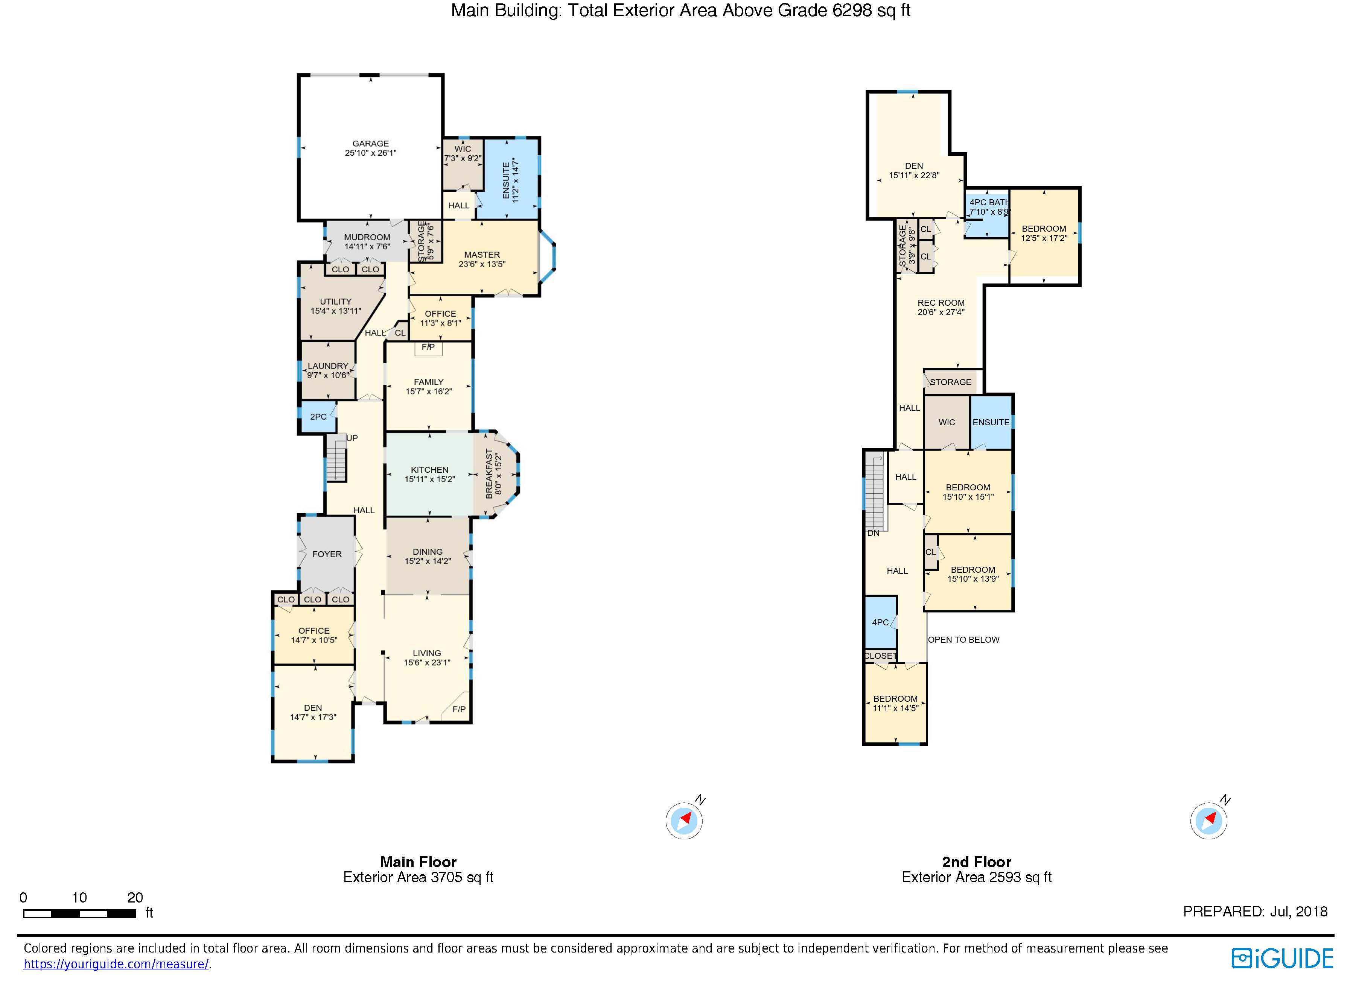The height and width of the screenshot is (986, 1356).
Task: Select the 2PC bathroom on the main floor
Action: pos(318,417)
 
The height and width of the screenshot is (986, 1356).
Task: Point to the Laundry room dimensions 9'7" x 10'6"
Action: pos(328,375)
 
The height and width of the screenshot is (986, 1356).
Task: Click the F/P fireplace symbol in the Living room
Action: pos(458,709)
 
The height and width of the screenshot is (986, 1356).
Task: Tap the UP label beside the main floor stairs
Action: pos(352,438)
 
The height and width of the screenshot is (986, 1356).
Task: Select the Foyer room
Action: pos(327,554)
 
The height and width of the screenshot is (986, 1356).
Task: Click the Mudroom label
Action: pos(367,237)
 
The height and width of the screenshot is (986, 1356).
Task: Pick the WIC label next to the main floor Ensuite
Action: pos(462,149)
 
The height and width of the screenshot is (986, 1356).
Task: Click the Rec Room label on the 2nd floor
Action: pos(941,303)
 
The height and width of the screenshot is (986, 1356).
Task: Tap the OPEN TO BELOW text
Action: pos(963,639)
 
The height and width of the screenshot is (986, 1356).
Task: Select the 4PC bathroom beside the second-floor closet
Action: pos(880,622)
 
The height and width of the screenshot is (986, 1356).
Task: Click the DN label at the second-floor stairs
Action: pos(873,533)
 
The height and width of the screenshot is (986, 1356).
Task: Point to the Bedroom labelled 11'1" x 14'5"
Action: pos(895,703)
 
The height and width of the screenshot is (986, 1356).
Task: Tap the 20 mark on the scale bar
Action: pos(135,898)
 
